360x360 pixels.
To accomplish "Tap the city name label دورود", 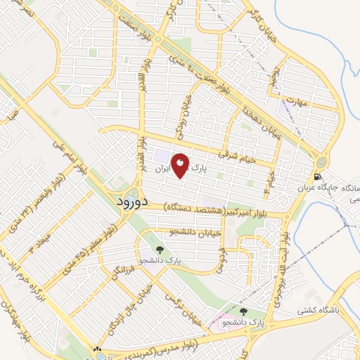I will pyautogui.click(x=130, y=202).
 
